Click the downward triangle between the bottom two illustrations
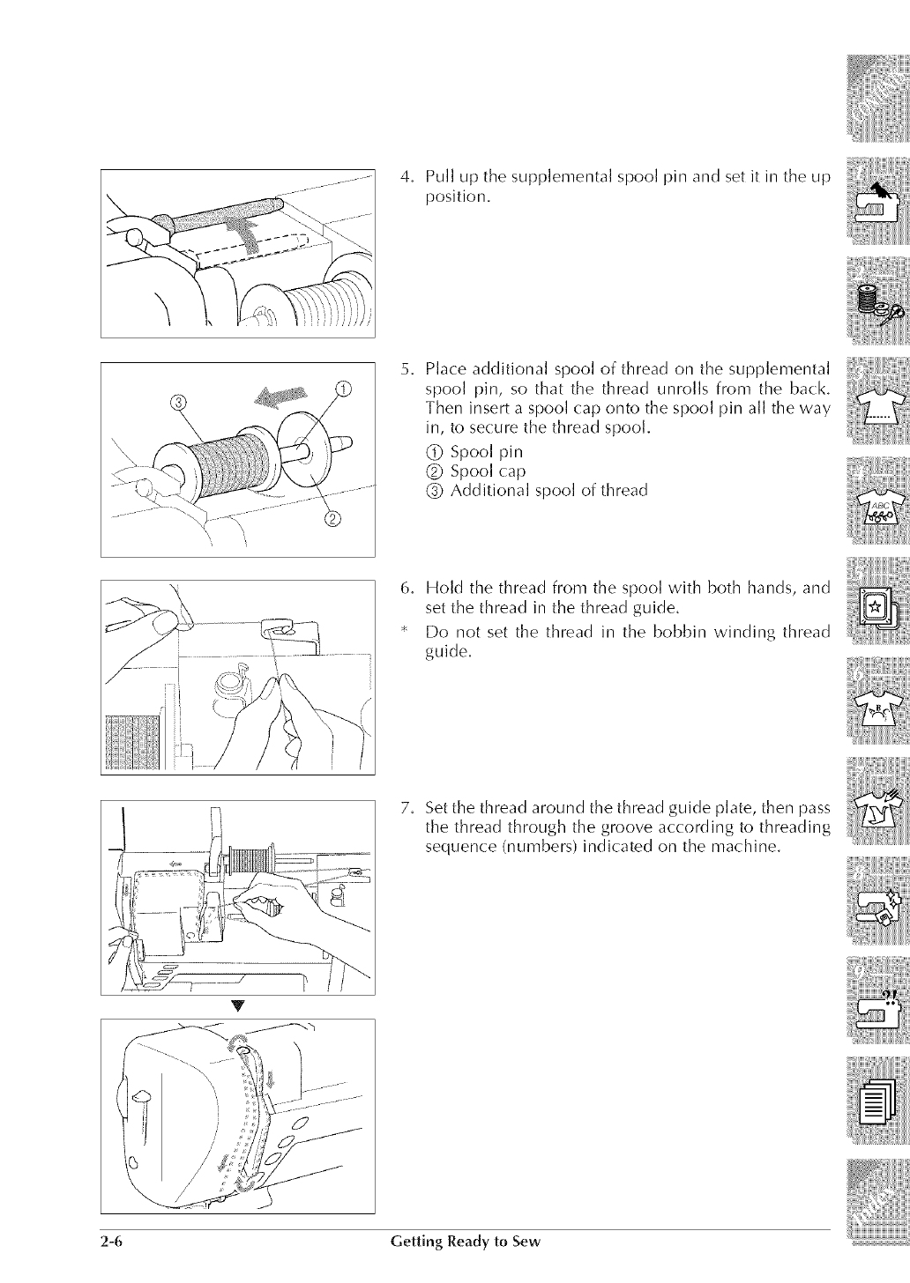point(238,1007)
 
